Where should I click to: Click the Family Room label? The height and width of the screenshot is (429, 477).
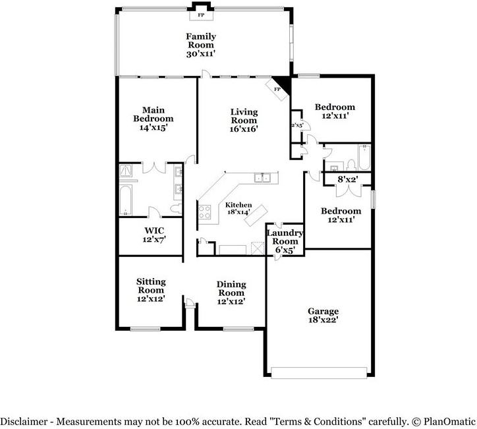[x=201, y=40]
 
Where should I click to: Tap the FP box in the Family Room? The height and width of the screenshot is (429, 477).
[x=201, y=15]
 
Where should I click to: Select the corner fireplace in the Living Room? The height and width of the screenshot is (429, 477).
[x=277, y=89]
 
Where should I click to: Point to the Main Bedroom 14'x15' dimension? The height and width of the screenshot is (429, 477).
[x=154, y=127]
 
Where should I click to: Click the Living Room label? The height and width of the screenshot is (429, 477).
[x=244, y=116]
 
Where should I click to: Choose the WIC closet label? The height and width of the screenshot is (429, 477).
[x=154, y=231]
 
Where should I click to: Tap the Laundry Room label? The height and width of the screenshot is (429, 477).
[x=285, y=237]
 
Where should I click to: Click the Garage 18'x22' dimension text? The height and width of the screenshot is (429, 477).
[x=323, y=320]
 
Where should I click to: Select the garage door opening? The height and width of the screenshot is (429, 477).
[x=319, y=373]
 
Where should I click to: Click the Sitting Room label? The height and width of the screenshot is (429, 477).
[x=151, y=286]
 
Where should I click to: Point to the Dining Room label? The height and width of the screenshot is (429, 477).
[x=231, y=289]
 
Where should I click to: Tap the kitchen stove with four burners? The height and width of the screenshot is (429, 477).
[x=204, y=212]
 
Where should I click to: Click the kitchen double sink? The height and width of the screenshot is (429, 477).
[x=262, y=177]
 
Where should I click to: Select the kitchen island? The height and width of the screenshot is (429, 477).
[x=256, y=215]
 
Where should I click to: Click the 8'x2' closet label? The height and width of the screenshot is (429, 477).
[x=347, y=179]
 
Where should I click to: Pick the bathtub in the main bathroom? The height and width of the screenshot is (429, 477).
[x=125, y=200]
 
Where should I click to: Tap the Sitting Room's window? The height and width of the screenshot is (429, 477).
[x=145, y=329]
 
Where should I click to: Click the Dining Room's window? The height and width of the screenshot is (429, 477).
[x=238, y=329]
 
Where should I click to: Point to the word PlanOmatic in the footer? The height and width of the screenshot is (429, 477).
[x=449, y=422]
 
